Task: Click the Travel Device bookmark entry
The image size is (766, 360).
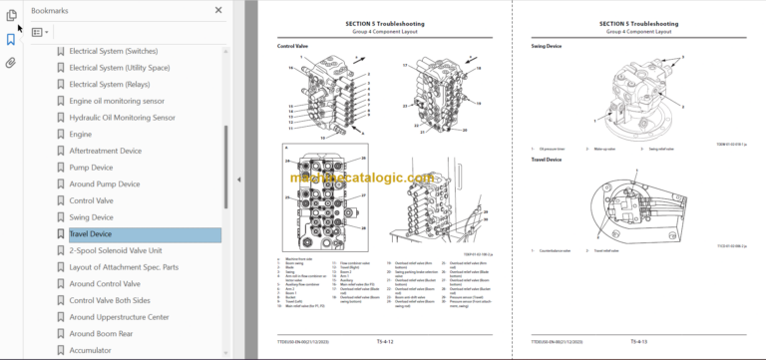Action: coord(90,234)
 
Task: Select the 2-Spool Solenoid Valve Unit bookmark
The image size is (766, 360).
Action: coord(127,250)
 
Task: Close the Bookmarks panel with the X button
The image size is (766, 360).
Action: coord(219,10)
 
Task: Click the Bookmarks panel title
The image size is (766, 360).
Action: coord(50,10)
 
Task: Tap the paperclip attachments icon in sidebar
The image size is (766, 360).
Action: coord(11,62)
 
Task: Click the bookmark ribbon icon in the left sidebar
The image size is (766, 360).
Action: coord(11,39)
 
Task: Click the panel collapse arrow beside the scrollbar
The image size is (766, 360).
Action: coord(238,180)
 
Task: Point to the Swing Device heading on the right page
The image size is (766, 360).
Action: coord(549,47)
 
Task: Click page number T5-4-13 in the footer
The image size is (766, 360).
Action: coord(640,341)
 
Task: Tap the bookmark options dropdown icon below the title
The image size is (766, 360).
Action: coord(40,32)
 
